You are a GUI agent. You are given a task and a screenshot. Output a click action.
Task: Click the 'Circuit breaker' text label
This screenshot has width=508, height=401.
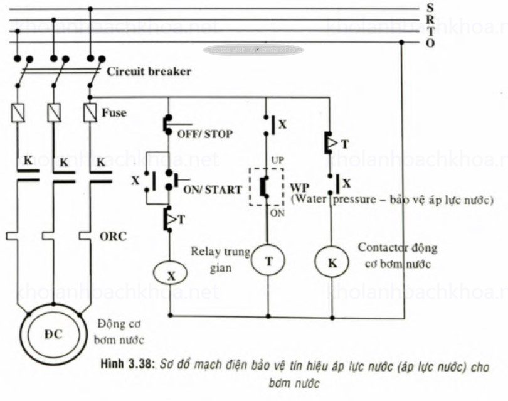[x=149, y=71]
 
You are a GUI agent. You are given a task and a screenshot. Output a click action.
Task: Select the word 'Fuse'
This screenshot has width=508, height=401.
[x=114, y=113]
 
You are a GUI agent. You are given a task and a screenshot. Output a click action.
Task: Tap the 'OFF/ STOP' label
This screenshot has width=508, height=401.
[x=204, y=134]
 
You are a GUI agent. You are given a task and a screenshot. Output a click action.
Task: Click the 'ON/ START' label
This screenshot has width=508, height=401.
[x=213, y=189]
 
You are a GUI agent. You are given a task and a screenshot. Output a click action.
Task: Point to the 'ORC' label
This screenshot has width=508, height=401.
[x=113, y=237]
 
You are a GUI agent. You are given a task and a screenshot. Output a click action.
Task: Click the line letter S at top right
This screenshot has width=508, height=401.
[x=430, y=8]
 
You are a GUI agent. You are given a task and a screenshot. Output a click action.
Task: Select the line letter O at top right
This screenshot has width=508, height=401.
[x=430, y=43]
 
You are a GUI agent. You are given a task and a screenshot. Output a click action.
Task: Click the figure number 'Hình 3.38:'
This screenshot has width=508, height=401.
[x=128, y=365]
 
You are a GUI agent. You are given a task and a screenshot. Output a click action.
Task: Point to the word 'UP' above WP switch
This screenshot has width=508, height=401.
[x=277, y=161]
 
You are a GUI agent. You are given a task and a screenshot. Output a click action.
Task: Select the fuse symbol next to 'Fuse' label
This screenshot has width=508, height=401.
[x=90, y=113]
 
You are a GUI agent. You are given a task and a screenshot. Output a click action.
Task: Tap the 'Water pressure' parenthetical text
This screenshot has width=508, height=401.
[x=392, y=200]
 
